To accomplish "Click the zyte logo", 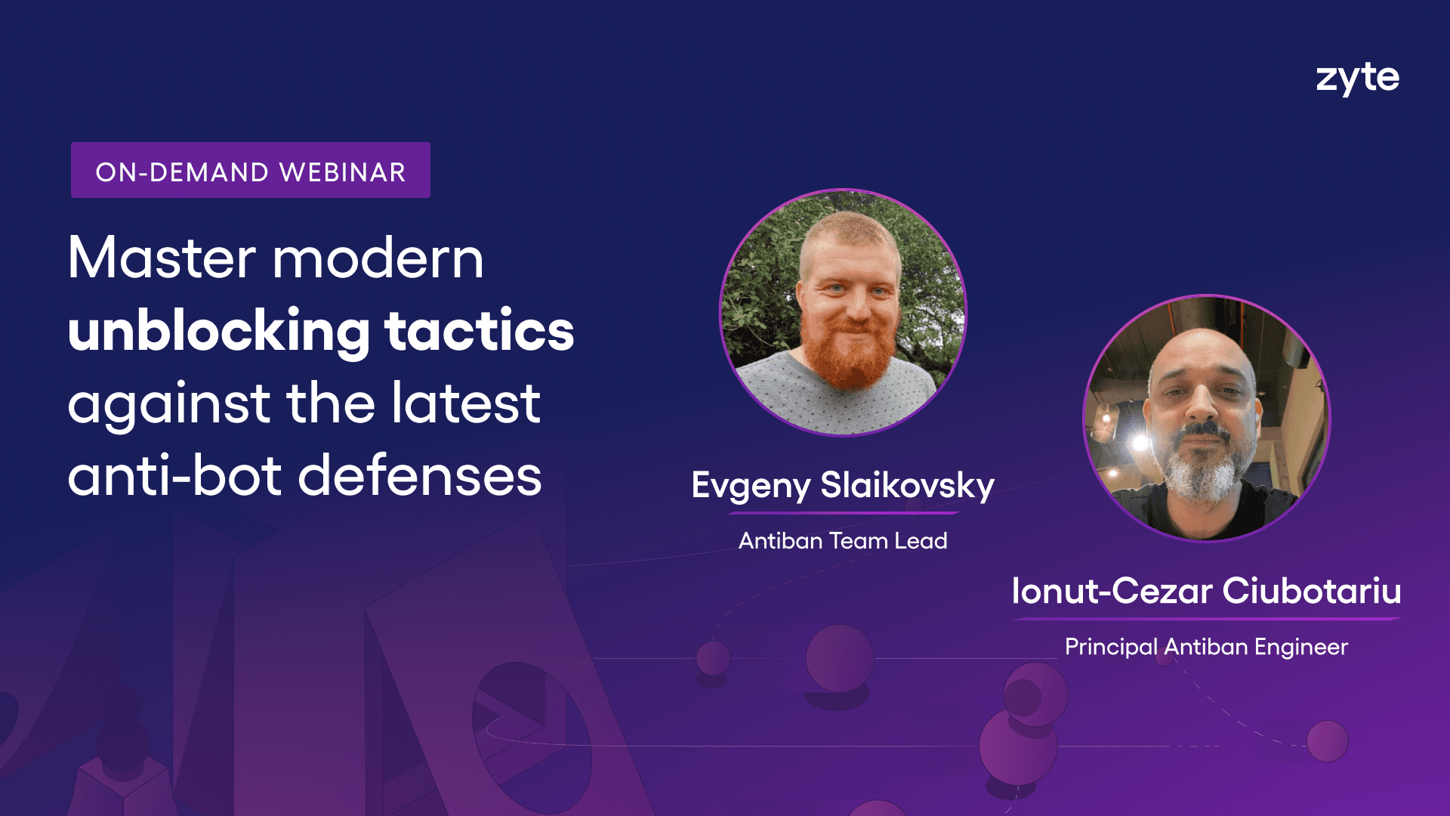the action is (x=1357, y=79).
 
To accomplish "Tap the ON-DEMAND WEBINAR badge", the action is (x=251, y=170).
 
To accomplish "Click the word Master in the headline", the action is (x=162, y=258).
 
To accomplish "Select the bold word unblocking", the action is (x=219, y=331).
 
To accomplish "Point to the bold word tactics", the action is (x=480, y=331).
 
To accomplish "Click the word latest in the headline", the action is (x=466, y=403).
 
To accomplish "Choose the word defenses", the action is (x=420, y=476).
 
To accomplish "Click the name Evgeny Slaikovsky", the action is (x=843, y=486).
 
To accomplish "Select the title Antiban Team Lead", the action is (x=843, y=541).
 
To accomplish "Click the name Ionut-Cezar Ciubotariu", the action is (x=1206, y=591).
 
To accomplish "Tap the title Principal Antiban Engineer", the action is (x=1206, y=648).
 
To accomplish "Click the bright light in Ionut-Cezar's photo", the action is (x=1140, y=442).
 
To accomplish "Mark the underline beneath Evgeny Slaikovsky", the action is (x=843, y=514).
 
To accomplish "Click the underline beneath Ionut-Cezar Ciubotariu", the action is (x=1207, y=619).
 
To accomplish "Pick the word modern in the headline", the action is (x=378, y=258).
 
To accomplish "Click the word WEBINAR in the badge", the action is (x=342, y=172).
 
